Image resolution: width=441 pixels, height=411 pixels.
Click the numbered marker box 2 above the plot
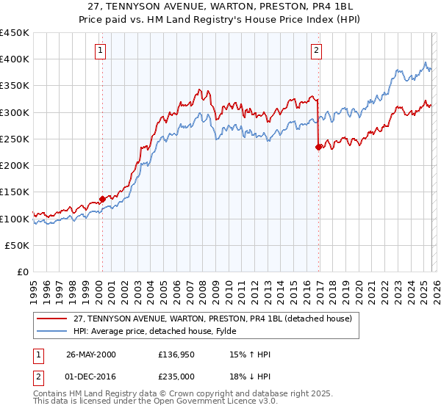316,51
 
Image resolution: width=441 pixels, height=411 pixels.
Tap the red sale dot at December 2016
318,147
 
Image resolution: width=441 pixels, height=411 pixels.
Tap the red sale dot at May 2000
102,199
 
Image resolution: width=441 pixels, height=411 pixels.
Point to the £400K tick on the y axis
15,59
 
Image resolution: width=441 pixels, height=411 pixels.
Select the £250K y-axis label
15,139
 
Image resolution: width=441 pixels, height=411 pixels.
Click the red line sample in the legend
52,319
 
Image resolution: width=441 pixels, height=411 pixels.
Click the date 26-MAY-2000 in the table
89,354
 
